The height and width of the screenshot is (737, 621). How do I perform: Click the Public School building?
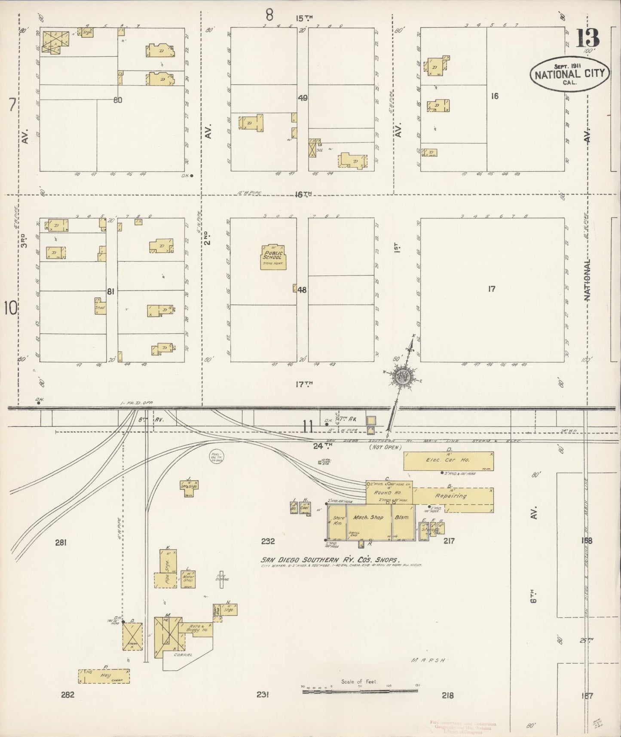click(x=273, y=257)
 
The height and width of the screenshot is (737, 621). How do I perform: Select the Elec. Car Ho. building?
click(x=448, y=461)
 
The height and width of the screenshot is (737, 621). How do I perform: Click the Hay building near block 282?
click(x=104, y=688)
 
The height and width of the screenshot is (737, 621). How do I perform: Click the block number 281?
click(x=61, y=543)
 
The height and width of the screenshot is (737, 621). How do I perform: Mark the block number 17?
click(x=491, y=289)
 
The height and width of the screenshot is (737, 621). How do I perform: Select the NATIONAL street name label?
click(x=587, y=279)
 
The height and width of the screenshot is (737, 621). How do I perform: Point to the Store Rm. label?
click(x=337, y=520)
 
